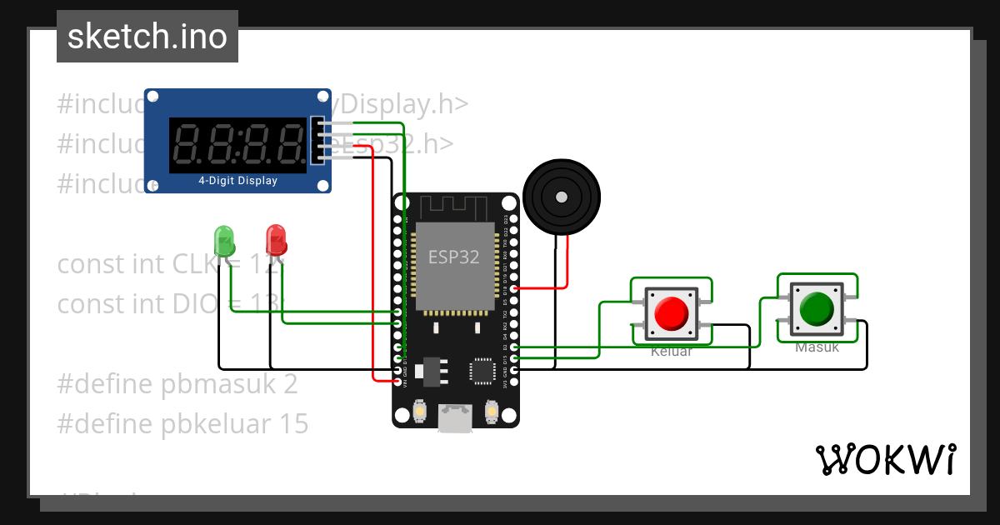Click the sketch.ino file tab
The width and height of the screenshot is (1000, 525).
(x=147, y=37)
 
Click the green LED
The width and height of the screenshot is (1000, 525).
(x=224, y=241)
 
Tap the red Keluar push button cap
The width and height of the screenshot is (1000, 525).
(x=672, y=312)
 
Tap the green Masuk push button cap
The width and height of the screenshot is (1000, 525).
(x=817, y=308)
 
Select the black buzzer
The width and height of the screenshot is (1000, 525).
(x=560, y=197)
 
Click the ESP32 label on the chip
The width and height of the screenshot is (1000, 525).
(x=454, y=257)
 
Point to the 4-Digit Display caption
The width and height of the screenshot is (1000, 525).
(x=237, y=181)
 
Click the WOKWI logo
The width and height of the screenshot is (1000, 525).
(x=885, y=459)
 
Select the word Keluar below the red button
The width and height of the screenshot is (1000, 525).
(x=672, y=352)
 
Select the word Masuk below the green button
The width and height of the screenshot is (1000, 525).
(x=817, y=347)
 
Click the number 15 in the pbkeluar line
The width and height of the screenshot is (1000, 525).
(x=293, y=424)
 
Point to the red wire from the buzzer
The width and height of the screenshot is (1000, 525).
(x=568, y=262)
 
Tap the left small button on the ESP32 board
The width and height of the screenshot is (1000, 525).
(x=420, y=412)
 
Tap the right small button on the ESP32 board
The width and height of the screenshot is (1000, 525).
(x=492, y=412)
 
